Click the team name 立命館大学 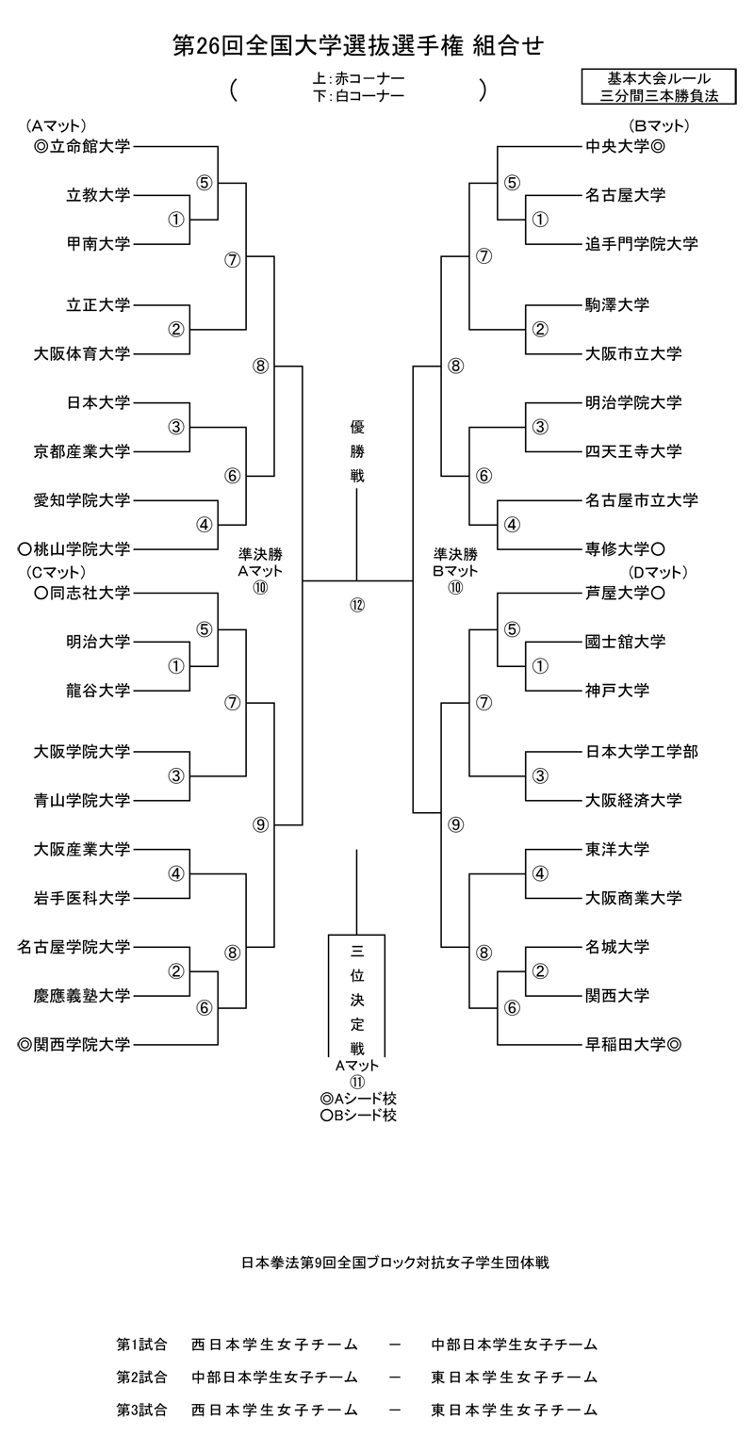coord(90,146)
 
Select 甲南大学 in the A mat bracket coord(98,244)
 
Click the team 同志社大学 coord(90,593)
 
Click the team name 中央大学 coord(617,146)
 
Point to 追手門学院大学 coord(642,244)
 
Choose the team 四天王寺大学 coord(633,451)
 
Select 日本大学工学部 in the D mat coord(642,751)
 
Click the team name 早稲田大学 coord(626,1044)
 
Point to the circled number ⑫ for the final coord(357,604)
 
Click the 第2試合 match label coord(142,1377)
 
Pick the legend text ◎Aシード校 coord(357,1099)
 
